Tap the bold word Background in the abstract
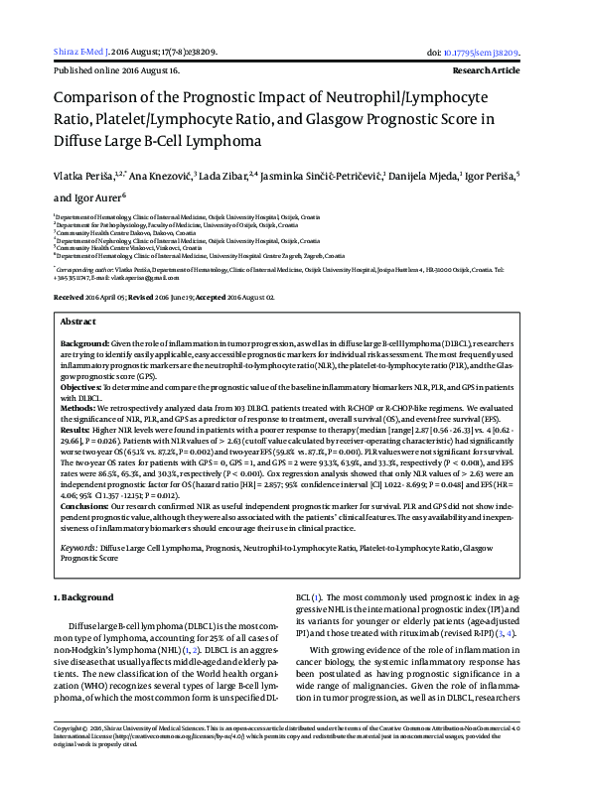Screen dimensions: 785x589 [83, 314]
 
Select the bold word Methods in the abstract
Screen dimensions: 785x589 [79, 379]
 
